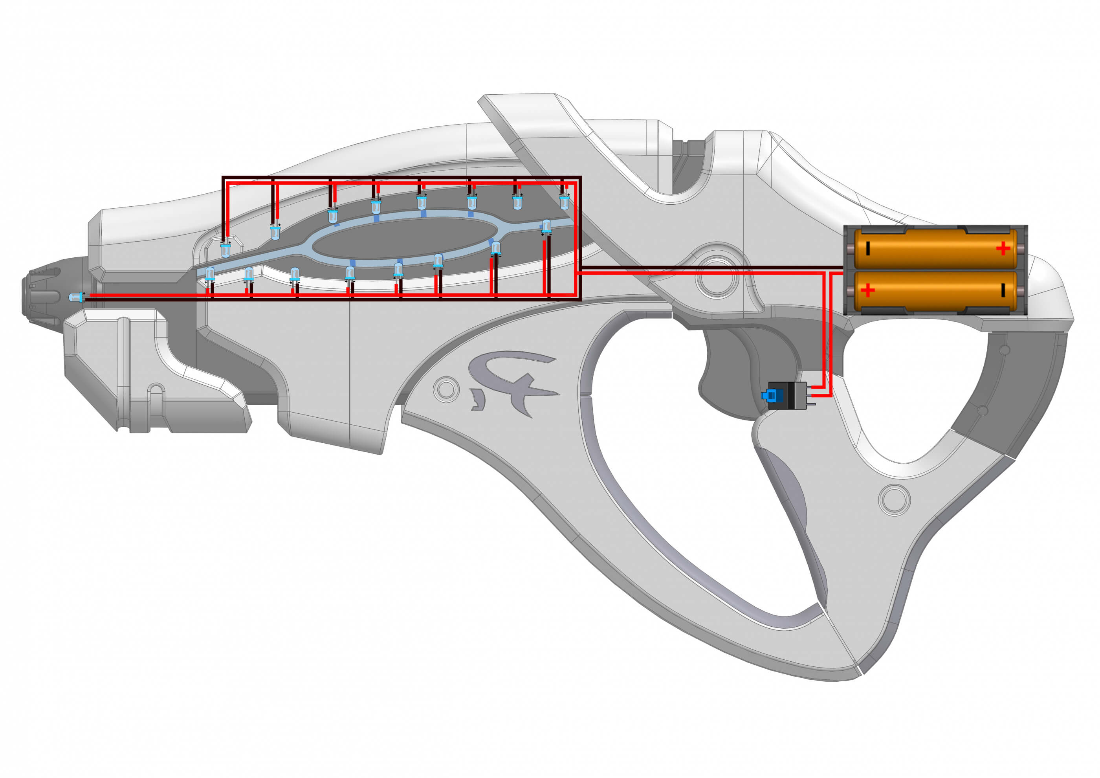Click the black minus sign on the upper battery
tap(868, 249)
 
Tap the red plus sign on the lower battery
tap(868, 291)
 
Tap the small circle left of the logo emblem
tap(445, 389)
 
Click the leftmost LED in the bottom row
tap(210, 275)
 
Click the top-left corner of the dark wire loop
tap(223, 178)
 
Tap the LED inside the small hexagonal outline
tap(225, 250)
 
